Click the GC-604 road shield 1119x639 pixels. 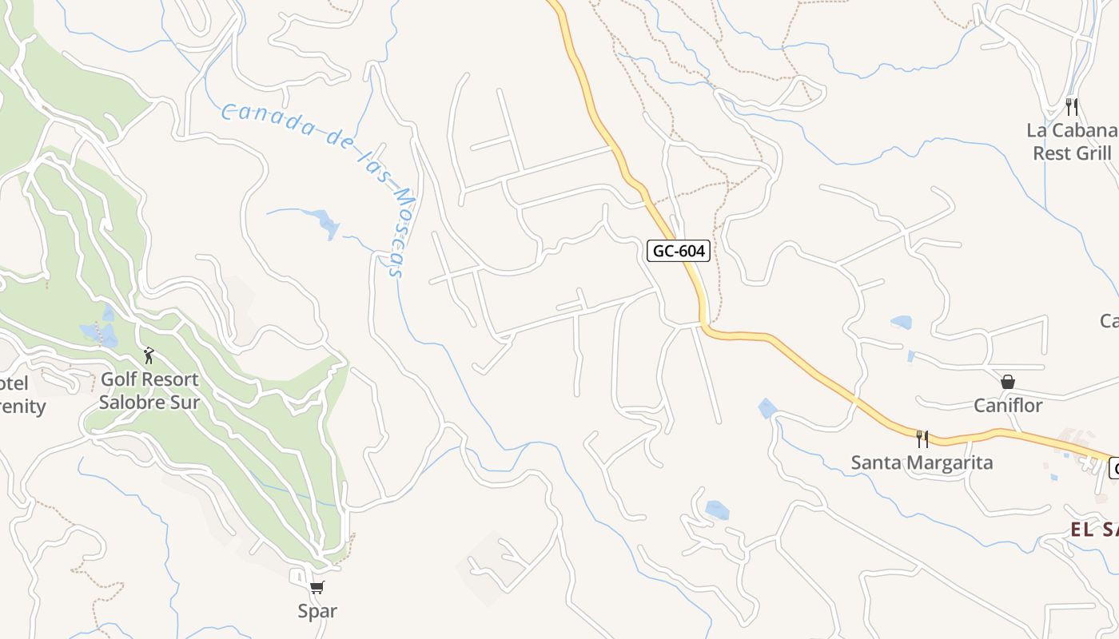[x=679, y=251]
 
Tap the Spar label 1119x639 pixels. [x=317, y=611]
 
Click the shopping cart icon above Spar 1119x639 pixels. [x=317, y=588]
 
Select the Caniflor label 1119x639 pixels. [x=1008, y=405]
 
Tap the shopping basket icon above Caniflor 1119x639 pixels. [x=1008, y=382]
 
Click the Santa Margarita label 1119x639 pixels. [x=922, y=462]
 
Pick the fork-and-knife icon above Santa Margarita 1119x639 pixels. [x=922, y=439]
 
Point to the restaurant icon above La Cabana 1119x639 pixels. [x=1072, y=106]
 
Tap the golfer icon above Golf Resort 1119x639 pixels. [x=149, y=355]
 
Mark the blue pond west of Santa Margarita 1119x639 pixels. [x=767, y=409]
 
